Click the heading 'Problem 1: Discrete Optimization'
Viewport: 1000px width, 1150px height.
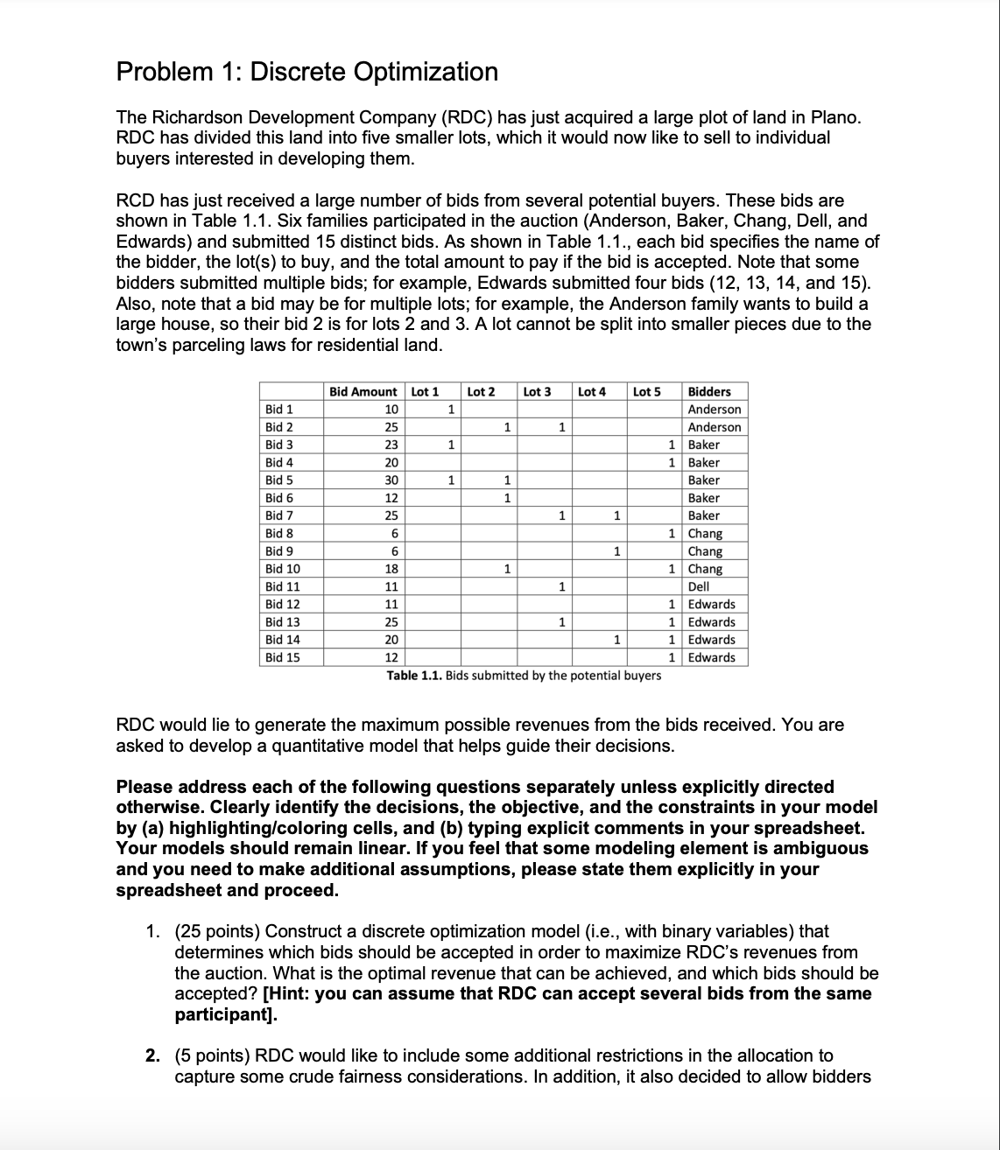tap(307, 72)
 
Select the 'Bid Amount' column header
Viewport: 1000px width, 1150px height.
tap(363, 391)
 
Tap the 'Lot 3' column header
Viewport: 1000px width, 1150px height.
tap(537, 391)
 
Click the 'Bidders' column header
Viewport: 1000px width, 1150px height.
tap(709, 391)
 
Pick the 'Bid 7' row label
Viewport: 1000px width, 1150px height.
tap(278, 515)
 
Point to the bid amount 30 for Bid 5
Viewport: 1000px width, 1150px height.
tap(391, 480)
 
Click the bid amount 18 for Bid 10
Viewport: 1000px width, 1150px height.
tap(391, 569)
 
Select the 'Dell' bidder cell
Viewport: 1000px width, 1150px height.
tap(699, 586)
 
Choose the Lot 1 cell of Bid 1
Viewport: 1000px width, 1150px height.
tap(449, 409)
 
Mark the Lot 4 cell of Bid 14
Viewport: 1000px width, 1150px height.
tap(616, 640)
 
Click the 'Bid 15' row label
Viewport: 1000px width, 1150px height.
tap(282, 657)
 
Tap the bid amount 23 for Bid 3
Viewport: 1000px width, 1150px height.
tap(391, 445)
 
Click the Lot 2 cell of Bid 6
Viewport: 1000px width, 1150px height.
tap(505, 498)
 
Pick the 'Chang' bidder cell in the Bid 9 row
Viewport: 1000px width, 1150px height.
tap(705, 551)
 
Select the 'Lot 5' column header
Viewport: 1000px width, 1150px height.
tap(646, 391)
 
